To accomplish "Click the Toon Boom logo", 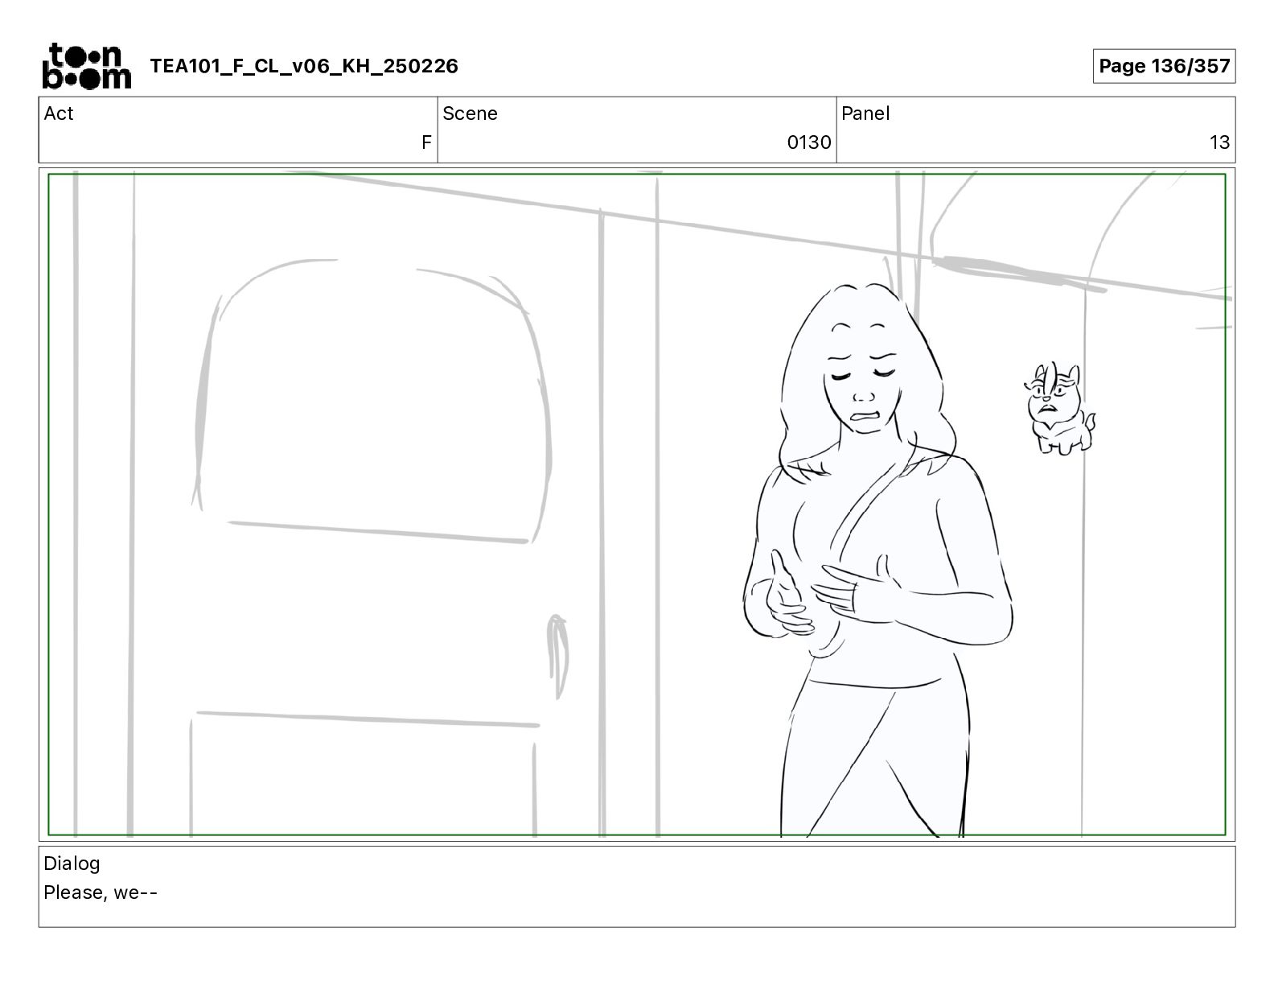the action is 87,66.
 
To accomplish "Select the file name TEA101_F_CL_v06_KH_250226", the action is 304,66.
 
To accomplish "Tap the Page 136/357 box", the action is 1164,66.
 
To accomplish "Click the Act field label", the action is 59,113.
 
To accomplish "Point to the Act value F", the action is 426,142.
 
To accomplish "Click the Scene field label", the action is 470,113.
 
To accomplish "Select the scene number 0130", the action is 808,142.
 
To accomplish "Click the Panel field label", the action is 865,113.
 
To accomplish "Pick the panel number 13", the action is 1219,142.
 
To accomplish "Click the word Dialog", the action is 72,863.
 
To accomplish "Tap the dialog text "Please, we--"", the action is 101,892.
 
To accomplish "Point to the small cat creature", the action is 1058,408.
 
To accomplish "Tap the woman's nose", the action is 863,397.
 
